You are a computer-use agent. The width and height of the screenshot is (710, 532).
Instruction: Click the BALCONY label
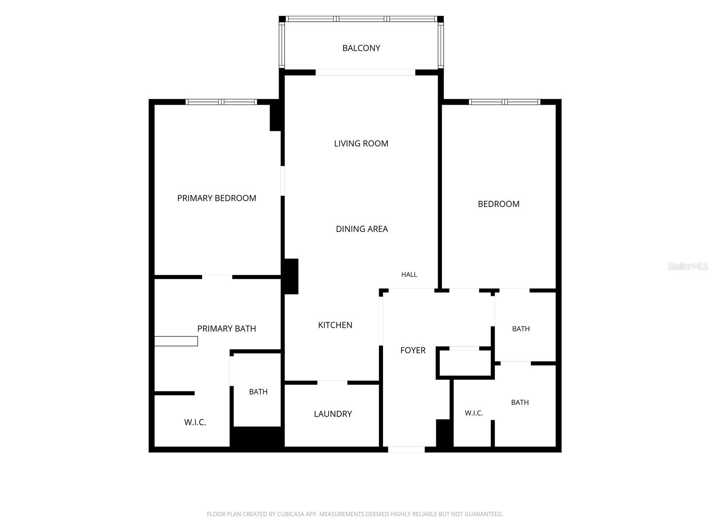[x=361, y=48]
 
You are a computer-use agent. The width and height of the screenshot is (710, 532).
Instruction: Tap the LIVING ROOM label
[x=361, y=143]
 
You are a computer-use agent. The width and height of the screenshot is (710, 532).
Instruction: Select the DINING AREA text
[x=362, y=229]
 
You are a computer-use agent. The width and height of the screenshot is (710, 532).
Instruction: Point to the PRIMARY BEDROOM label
[x=217, y=198]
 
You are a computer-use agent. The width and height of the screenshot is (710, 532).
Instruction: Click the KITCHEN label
[x=335, y=325]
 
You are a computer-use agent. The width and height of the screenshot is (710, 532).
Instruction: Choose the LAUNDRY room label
[x=333, y=414]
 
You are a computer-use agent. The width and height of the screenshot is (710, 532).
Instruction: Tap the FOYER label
[x=413, y=350]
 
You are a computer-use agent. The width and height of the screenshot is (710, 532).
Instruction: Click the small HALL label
[x=409, y=274]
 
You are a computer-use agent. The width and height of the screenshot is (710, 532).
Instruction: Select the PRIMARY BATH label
[x=226, y=329]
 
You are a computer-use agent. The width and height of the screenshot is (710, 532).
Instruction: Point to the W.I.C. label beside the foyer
[x=474, y=413]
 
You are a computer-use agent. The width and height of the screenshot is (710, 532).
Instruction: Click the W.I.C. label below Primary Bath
[x=195, y=422]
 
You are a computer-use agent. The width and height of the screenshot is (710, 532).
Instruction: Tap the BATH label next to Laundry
[x=258, y=392]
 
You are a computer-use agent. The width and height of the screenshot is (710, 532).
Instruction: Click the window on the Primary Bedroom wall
[x=221, y=102]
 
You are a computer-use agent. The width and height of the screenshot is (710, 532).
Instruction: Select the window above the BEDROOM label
[x=505, y=102]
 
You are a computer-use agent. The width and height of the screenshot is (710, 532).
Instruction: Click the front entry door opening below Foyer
[x=406, y=449]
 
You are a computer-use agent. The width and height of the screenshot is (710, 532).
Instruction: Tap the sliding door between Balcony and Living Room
[x=366, y=72]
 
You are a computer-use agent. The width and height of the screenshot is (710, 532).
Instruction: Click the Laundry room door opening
[x=332, y=383]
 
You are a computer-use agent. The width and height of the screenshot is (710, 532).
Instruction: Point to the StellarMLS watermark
[x=687, y=266]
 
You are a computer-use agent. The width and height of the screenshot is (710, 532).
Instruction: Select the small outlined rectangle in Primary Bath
[x=176, y=341]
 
